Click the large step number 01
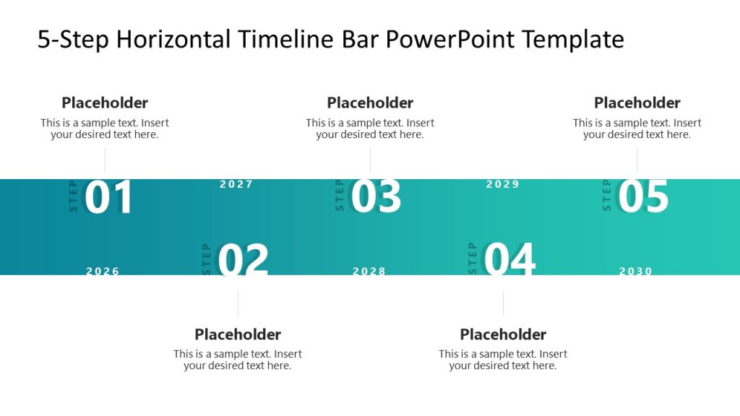[109, 198]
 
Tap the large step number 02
[243, 261]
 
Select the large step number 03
[376, 197]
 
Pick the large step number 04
[509, 260]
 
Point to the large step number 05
[643, 196]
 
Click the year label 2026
[103, 272]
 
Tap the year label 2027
[236, 184]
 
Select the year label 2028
[369, 272]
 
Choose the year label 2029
[503, 184]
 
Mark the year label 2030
[636, 272]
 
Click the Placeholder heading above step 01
[105, 103]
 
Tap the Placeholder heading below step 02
[238, 334]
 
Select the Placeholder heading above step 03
[370, 103]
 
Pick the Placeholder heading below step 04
[503, 334]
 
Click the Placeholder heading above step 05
[637, 103]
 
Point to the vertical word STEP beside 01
[73, 196]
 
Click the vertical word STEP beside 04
[473, 259]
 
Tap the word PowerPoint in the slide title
[452, 39]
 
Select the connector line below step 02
[238, 303]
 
